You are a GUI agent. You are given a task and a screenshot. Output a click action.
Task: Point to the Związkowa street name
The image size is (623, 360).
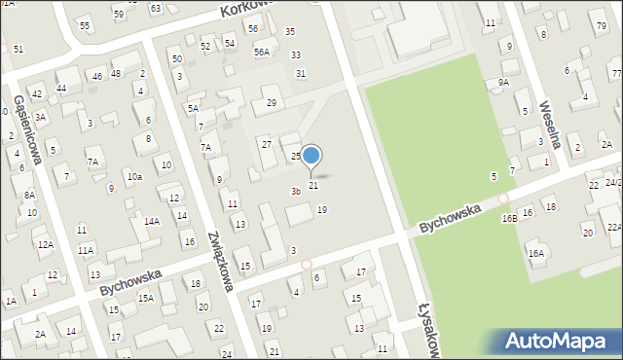tap(221, 261)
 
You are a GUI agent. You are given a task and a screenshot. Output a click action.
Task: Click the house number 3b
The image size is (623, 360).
tap(295, 191)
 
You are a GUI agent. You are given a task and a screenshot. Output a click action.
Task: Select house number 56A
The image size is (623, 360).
tap(261, 52)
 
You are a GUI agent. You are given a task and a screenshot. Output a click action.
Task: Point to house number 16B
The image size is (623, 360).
tap(510, 219)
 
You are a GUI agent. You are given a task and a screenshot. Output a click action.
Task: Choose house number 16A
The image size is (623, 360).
tap(535, 253)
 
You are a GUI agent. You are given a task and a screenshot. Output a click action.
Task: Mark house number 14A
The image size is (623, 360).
tap(152, 221)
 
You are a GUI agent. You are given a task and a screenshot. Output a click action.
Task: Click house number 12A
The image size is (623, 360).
tap(45, 244)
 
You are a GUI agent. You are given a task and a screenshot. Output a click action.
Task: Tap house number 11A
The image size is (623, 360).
tap(86, 250)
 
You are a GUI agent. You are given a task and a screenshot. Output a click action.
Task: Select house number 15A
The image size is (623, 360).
tap(145, 298)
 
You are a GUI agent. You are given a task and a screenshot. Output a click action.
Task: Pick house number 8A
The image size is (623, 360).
tap(29, 195)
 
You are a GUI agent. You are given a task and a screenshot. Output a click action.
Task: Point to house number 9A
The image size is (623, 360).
tap(503, 83)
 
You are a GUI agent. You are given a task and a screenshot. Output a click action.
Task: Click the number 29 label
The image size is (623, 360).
tap(272, 102)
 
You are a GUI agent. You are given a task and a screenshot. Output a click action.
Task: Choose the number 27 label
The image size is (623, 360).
tap(266, 143)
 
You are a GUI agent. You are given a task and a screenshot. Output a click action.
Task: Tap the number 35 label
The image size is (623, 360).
tap(289, 31)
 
